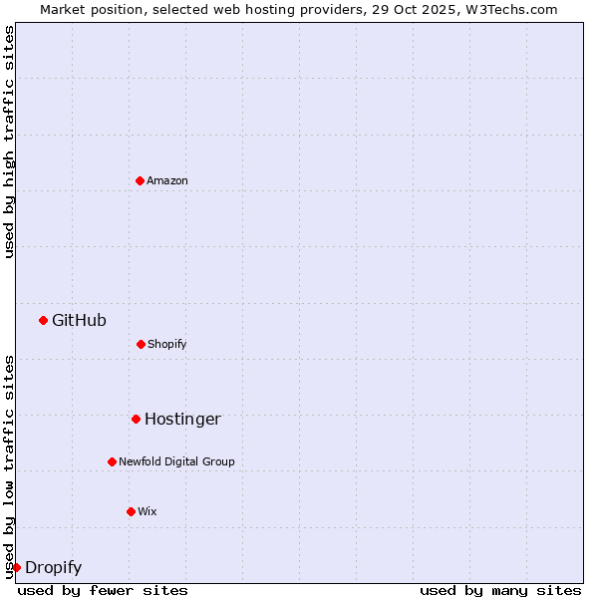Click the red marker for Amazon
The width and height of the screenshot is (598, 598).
click(x=140, y=180)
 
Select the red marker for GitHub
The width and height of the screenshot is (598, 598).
click(x=43, y=320)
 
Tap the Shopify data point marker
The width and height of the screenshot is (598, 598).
click(x=141, y=344)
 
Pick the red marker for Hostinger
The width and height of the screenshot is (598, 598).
click(x=136, y=419)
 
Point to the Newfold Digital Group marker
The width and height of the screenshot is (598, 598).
click(x=112, y=461)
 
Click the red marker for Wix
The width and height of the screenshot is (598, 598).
click(x=131, y=511)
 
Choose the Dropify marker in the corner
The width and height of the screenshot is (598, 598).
click(x=16, y=567)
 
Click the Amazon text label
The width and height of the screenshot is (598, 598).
click(x=167, y=180)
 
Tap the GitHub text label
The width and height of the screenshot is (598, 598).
click(x=79, y=320)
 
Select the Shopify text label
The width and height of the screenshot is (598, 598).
click(x=167, y=344)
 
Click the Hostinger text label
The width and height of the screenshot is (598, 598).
click(x=182, y=419)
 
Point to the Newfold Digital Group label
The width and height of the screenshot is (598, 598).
click(x=176, y=461)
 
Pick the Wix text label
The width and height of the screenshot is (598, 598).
click(x=148, y=511)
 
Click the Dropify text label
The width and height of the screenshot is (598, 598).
click(x=53, y=567)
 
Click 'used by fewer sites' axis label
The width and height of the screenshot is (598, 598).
click(x=103, y=590)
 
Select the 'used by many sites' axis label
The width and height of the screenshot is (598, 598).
click(x=500, y=590)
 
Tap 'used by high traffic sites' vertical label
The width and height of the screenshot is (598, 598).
click(x=9, y=142)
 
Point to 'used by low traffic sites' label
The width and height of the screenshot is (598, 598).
click(x=9, y=465)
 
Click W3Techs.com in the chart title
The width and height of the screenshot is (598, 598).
click(x=513, y=9)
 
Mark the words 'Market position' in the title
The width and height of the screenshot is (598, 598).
click(x=85, y=9)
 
